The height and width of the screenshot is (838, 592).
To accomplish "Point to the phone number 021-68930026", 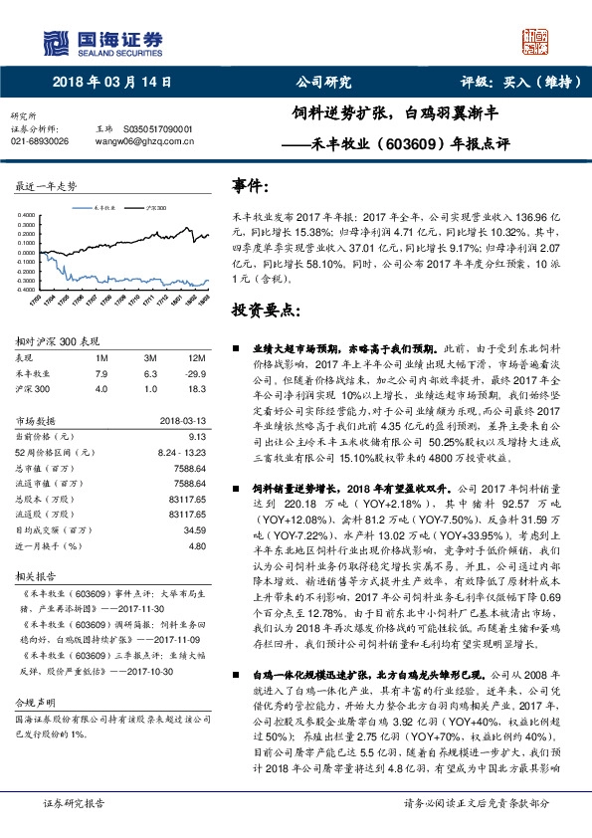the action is click(40, 142).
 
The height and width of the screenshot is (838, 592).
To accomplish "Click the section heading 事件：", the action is click(251, 186).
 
